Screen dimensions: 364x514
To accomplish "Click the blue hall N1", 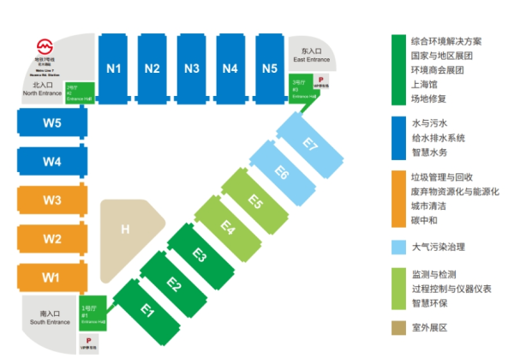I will click(114, 68).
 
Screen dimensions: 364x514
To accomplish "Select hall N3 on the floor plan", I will click(192, 68).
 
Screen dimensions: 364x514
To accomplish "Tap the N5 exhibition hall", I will click(270, 68).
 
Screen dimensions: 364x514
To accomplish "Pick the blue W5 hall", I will click(52, 122).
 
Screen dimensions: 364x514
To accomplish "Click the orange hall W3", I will click(52, 200).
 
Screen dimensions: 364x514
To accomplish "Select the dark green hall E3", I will click(199, 255).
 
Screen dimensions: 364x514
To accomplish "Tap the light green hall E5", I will click(254, 201).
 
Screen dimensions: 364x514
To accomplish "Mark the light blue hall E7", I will click(309, 146).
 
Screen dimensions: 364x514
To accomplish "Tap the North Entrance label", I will click(41, 89).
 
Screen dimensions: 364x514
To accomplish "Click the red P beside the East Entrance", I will click(320, 76).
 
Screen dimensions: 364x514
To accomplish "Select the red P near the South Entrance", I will click(89, 340).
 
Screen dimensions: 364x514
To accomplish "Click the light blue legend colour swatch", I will click(397, 247).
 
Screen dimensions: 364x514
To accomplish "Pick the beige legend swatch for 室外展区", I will click(397, 327).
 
